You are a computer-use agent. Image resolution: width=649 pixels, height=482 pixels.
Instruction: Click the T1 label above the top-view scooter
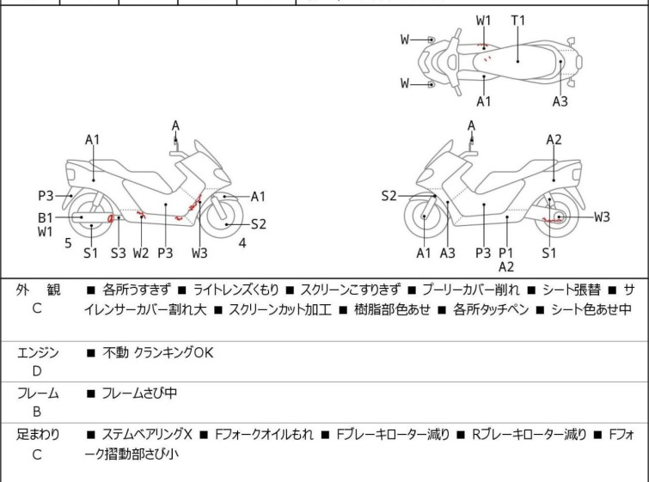[518, 20]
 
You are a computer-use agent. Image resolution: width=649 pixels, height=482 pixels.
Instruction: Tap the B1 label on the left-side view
[45, 217]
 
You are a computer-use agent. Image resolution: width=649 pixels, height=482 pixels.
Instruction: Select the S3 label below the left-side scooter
[118, 253]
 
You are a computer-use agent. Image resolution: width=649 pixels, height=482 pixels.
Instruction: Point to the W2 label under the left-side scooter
[141, 253]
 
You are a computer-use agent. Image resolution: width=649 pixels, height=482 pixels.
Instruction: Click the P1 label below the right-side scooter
[506, 253]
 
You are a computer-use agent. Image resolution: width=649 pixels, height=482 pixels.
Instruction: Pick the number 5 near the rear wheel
[68, 242]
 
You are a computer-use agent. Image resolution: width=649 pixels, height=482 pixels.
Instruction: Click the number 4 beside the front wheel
[242, 242]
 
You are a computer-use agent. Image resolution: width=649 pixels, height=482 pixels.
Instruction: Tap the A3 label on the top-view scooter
[560, 101]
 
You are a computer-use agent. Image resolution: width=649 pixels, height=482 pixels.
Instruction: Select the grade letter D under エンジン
[37, 371]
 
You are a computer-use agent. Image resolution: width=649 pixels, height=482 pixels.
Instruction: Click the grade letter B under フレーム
[37, 412]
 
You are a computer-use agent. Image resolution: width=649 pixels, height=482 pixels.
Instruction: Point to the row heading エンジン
[38, 352]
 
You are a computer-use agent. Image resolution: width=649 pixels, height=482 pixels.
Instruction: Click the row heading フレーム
[38, 394]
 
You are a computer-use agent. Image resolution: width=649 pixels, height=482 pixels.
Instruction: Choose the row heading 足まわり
[38, 435]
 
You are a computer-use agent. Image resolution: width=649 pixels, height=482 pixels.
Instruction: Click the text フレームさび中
[139, 394]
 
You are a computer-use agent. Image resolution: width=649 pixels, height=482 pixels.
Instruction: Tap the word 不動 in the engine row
[115, 352]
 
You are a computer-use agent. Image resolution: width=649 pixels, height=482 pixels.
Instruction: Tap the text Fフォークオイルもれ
[264, 435]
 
